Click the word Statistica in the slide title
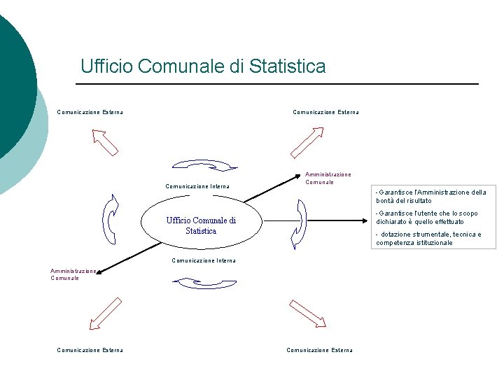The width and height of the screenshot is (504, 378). coord(288,66)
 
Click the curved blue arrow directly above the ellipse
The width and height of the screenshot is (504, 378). coord(204,165)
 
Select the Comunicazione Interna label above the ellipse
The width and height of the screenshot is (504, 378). coord(197,186)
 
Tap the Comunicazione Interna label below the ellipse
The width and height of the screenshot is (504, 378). coord(204,260)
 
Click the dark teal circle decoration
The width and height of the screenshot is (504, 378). coord(10,84)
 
